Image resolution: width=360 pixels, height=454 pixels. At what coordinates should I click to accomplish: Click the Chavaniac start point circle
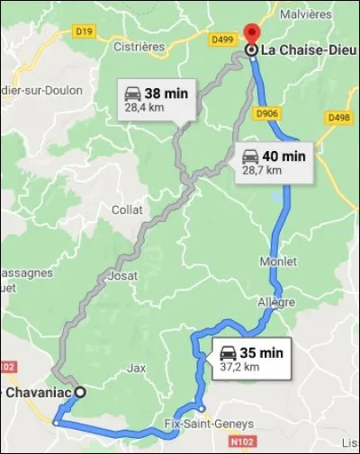[x=80, y=392]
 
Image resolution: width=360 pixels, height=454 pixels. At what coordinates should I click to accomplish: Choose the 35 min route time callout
[x=252, y=359]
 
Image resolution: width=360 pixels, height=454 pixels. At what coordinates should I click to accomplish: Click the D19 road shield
[x=85, y=31]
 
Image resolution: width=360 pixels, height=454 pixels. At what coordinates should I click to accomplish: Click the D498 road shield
[x=340, y=117]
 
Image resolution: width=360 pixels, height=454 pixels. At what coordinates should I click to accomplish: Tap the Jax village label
[x=137, y=368]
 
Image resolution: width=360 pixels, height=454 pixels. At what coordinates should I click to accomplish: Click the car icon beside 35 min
[x=229, y=352]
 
